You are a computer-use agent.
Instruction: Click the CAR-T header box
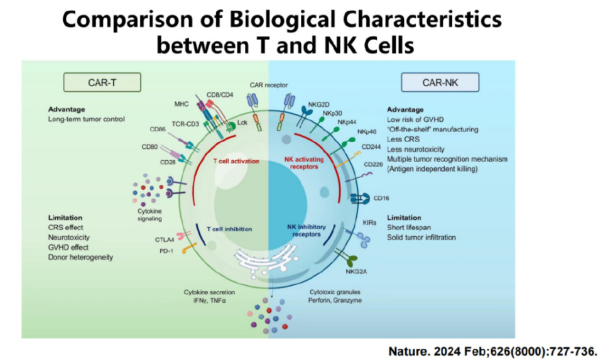102,82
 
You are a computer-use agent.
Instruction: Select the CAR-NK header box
440,82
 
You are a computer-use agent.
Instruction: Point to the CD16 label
382,199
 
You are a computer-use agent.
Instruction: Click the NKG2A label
354,272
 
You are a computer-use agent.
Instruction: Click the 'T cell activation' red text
236,161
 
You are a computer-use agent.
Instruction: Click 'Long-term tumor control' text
86,119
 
